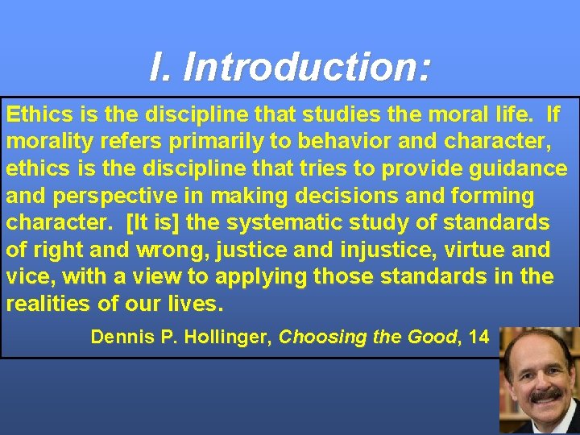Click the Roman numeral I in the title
click(158, 68)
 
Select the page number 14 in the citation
click(478, 337)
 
